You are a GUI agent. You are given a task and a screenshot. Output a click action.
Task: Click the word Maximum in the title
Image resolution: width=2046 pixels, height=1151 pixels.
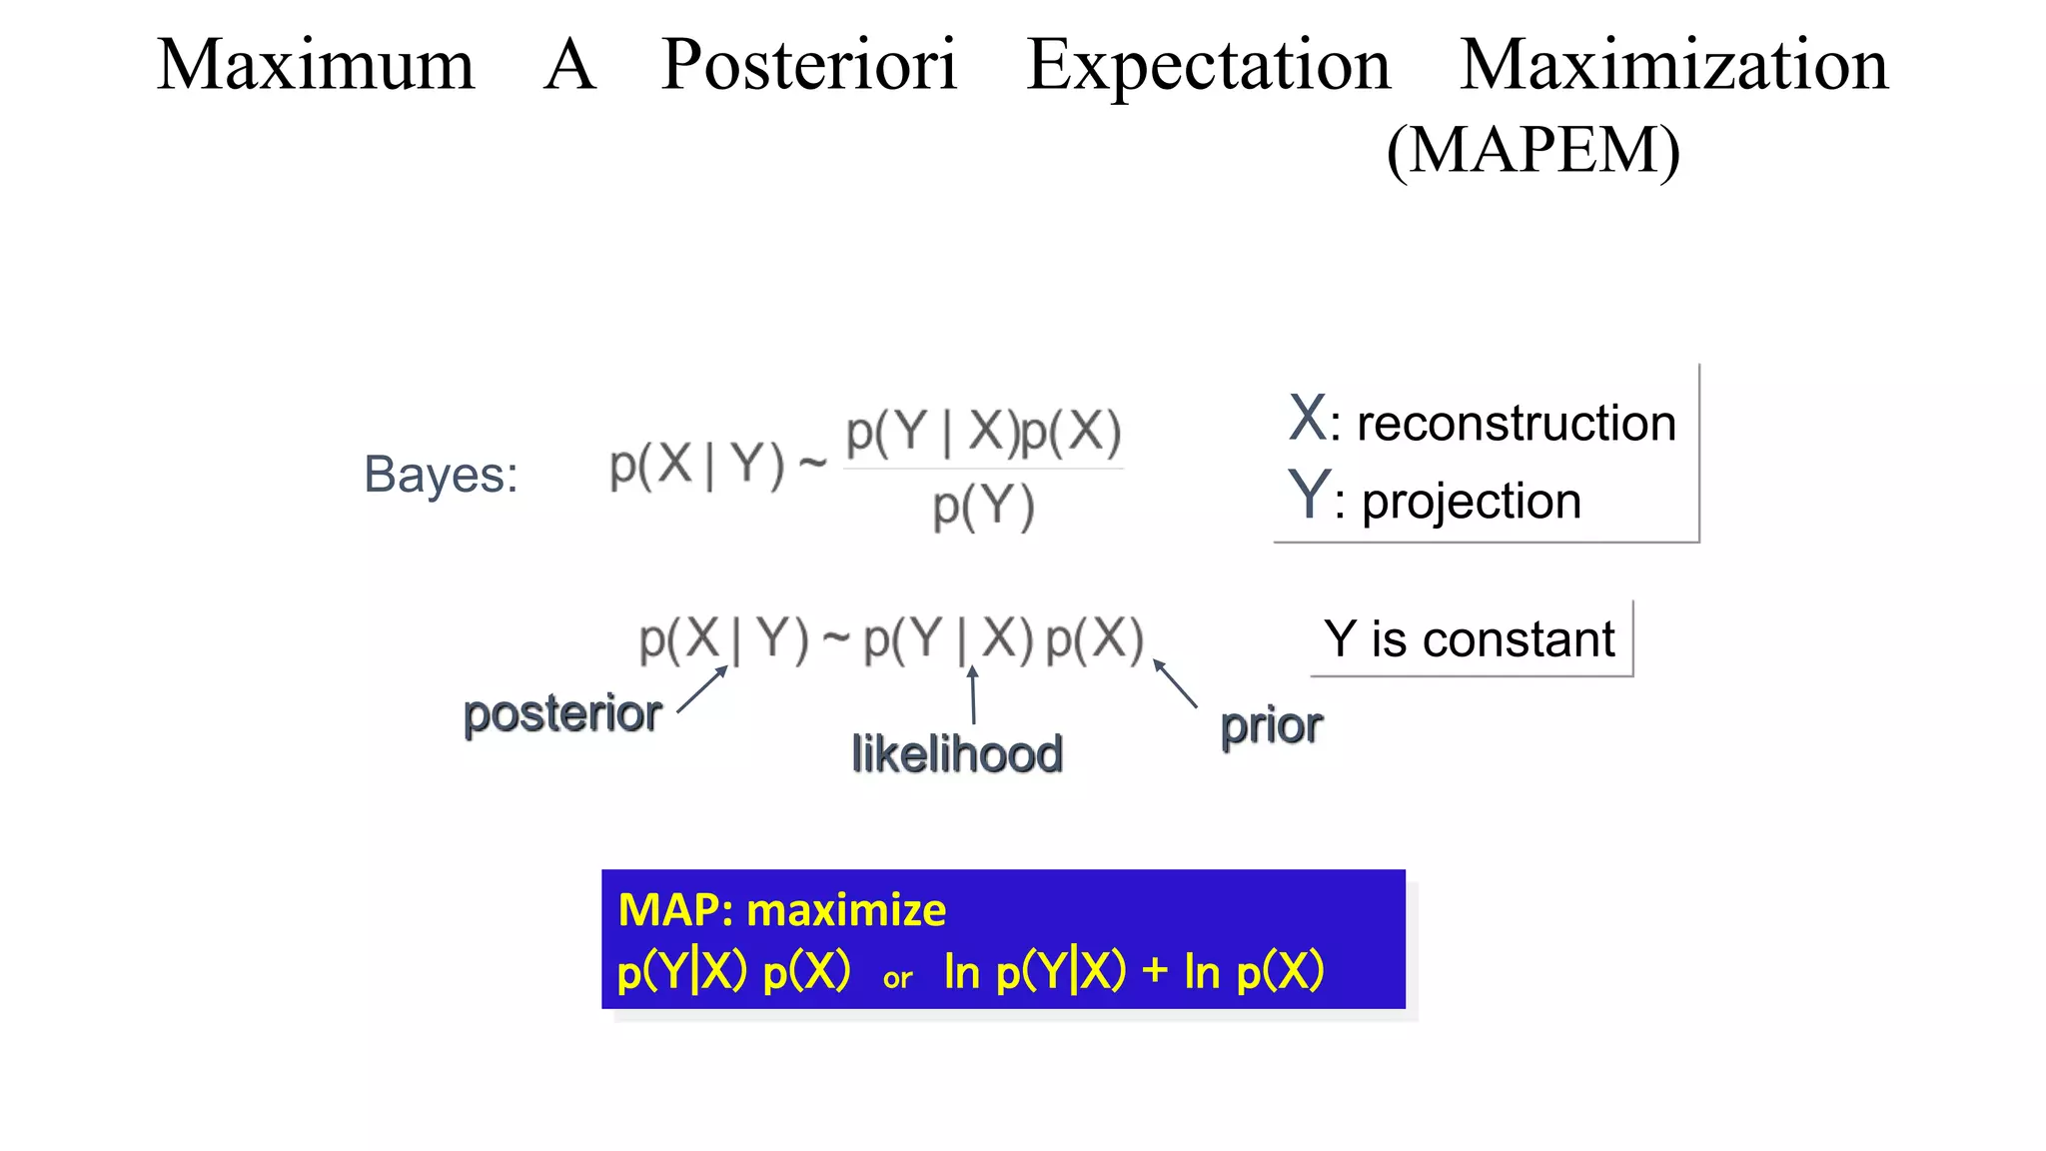(316, 66)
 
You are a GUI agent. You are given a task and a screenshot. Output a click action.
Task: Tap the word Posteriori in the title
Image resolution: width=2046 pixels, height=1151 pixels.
(809, 66)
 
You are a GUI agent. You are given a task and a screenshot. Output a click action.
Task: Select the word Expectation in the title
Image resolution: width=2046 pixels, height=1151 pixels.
(1209, 66)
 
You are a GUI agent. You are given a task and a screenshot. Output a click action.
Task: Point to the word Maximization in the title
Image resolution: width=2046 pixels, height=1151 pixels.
(1674, 66)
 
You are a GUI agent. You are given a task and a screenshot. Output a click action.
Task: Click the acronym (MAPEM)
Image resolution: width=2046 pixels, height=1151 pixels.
(1534, 151)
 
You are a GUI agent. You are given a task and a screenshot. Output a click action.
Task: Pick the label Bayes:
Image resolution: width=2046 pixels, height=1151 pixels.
(441, 474)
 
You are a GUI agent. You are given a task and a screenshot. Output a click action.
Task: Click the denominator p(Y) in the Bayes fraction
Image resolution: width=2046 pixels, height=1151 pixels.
(983, 507)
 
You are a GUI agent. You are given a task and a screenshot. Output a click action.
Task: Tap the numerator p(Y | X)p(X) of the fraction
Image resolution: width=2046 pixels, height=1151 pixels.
(983, 433)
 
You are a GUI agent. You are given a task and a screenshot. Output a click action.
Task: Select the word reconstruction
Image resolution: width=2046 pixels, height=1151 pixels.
(1516, 423)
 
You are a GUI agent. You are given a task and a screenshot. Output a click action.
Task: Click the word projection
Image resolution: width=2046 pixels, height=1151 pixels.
(1472, 501)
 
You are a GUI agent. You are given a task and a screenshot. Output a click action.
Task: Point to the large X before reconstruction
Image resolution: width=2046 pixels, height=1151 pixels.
(1307, 418)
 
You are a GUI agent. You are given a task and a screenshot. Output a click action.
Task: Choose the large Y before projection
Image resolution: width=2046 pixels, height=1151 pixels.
(1308, 494)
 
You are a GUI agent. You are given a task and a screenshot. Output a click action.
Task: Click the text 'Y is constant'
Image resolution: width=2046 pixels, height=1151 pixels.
(1469, 638)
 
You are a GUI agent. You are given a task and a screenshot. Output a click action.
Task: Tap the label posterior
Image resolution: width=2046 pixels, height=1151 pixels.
(562, 714)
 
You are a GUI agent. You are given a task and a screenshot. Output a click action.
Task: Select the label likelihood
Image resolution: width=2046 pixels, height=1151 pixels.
(957, 754)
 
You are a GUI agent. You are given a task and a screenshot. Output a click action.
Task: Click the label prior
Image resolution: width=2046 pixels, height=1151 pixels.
(1271, 726)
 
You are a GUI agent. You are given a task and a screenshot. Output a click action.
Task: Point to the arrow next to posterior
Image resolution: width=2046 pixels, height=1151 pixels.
(702, 689)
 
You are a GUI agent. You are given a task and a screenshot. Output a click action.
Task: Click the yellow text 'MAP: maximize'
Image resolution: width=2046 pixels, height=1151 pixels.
(782, 910)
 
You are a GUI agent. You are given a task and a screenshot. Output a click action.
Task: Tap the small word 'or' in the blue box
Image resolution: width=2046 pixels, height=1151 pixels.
(897, 978)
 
